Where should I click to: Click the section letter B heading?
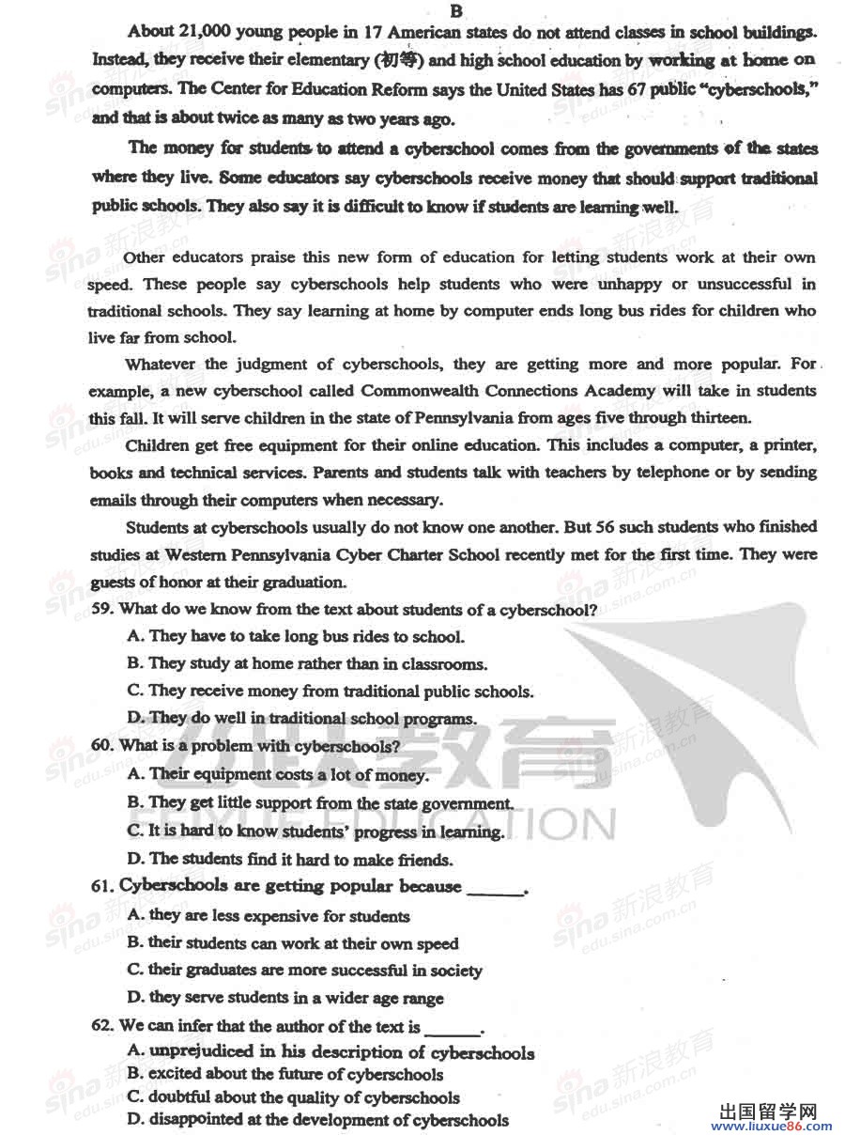[x=456, y=10]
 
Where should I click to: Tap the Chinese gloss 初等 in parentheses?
[x=399, y=61]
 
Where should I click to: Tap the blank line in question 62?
[x=453, y=1029]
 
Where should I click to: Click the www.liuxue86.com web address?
[x=775, y=1127]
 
